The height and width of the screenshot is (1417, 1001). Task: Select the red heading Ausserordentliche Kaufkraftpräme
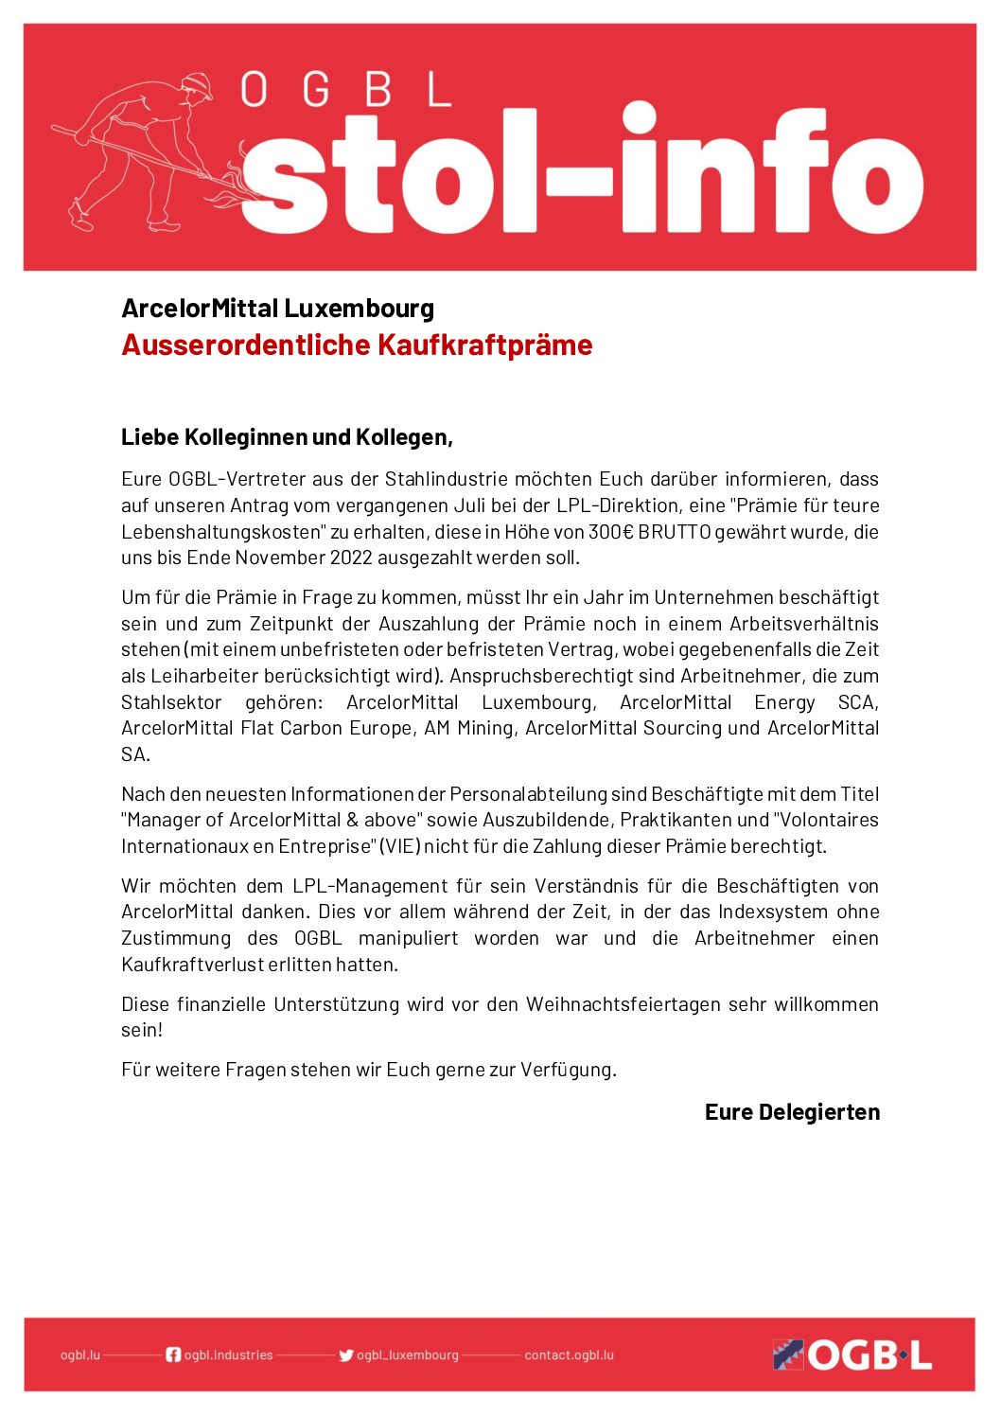coord(357,345)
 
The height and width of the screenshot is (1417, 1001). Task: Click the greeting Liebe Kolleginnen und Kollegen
coord(287,437)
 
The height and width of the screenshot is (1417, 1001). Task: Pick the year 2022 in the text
coord(351,558)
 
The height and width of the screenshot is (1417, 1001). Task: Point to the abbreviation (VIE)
coord(399,846)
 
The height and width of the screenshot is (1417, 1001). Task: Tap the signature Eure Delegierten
coord(792,1112)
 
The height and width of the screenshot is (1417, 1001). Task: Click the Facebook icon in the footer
coord(173,1355)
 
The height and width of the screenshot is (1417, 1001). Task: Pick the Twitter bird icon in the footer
coord(346,1355)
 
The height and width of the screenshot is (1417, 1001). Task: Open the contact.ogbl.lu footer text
coord(569,1355)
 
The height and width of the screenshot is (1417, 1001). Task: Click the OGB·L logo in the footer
coord(852,1355)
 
